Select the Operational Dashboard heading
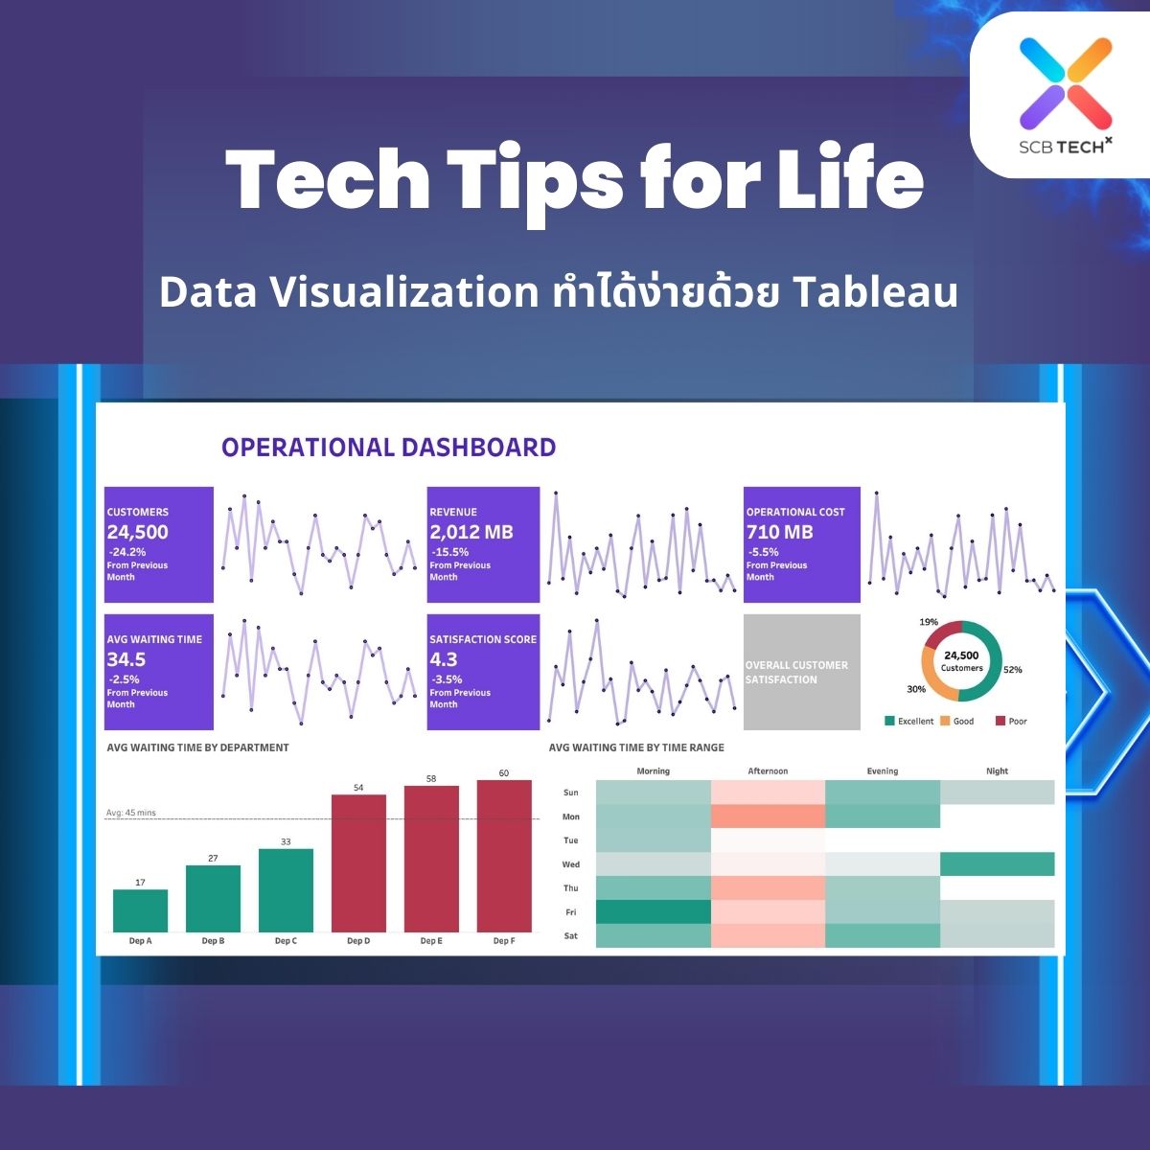tap(388, 448)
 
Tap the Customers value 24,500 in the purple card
tap(137, 532)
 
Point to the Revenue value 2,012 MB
tap(471, 532)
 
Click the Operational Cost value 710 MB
tap(779, 532)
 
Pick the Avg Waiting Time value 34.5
tap(126, 659)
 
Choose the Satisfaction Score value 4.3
tap(443, 659)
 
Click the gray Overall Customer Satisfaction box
tap(801, 672)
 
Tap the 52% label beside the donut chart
tap(1013, 670)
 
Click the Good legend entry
tap(957, 721)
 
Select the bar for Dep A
tap(140, 910)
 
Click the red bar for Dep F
tap(504, 856)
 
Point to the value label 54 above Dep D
tap(358, 788)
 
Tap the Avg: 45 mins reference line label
tap(130, 813)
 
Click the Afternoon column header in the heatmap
tap(768, 771)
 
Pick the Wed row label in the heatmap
tap(570, 864)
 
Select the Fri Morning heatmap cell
tap(654, 912)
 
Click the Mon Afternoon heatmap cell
tap(768, 816)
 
